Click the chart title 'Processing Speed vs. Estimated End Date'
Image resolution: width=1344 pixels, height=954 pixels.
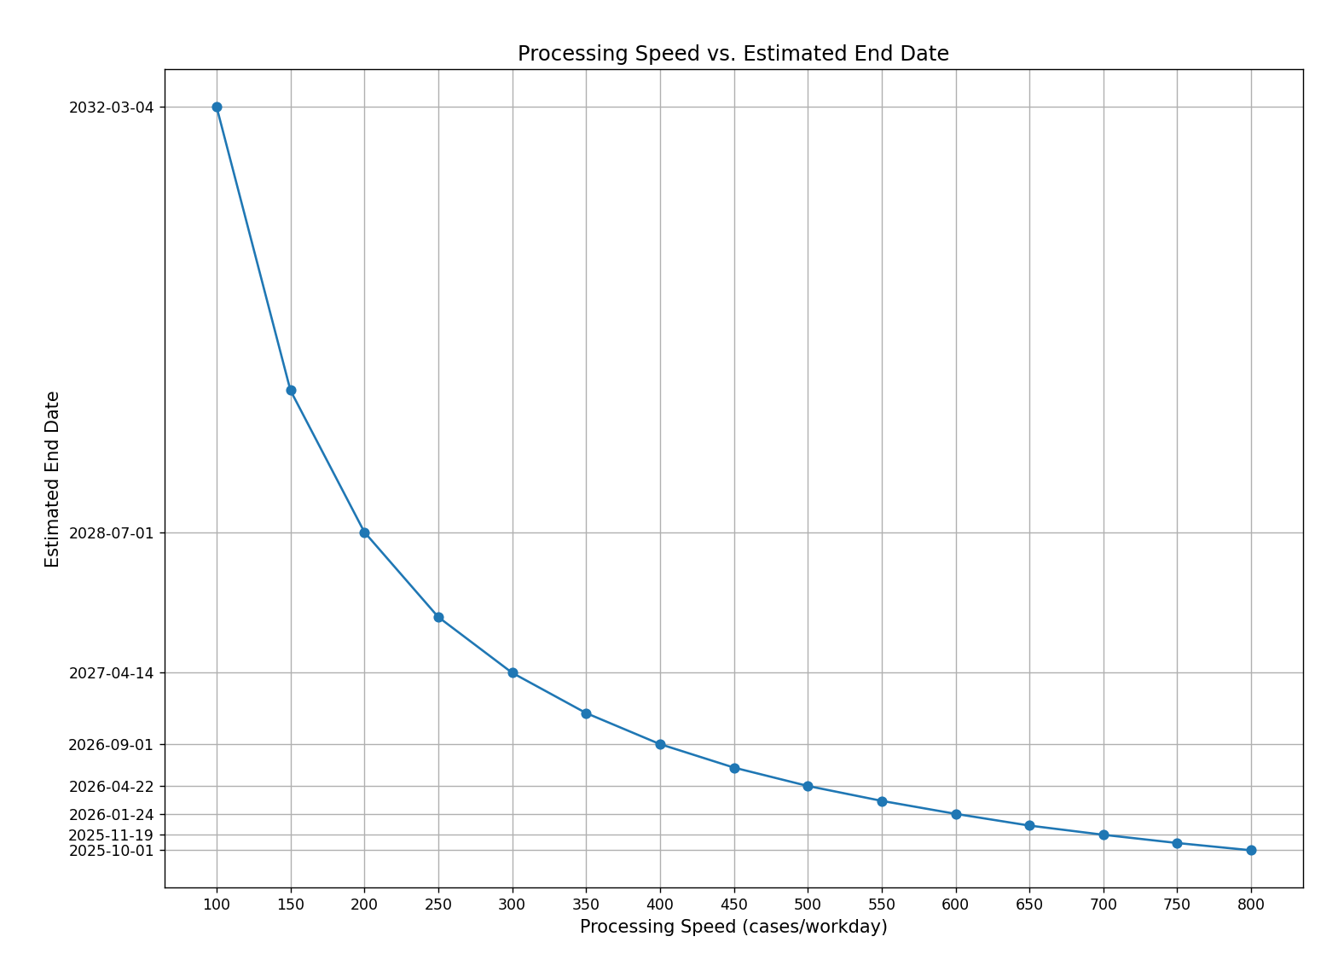pos(733,54)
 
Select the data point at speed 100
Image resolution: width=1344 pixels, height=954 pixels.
pos(217,108)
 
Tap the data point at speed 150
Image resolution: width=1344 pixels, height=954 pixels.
pos(291,390)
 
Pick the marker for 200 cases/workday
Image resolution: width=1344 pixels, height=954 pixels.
pos(364,532)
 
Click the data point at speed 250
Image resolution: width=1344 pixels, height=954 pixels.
pos(438,617)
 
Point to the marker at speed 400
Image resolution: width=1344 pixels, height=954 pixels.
pos(660,744)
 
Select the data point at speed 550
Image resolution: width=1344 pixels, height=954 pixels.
pos(882,801)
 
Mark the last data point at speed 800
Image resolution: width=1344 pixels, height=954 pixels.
pos(1251,850)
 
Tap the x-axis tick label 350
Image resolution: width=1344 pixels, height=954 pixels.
pos(586,905)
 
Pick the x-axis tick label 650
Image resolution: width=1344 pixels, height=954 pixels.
pos(1029,905)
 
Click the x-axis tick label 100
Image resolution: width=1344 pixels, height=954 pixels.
pos(217,905)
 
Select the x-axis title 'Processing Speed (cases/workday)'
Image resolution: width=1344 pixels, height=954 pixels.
pos(733,928)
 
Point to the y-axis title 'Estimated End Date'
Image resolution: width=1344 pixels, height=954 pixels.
pos(53,479)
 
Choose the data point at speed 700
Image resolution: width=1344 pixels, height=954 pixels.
pos(1104,835)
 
